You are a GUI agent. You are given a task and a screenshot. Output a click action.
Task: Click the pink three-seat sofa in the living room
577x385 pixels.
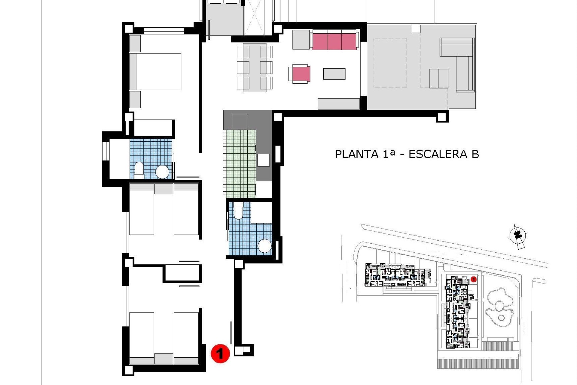pyautogui.click(x=334, y=40)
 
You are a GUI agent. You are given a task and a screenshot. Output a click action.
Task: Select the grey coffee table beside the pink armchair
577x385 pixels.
pyautogui.click(x=334, y=74)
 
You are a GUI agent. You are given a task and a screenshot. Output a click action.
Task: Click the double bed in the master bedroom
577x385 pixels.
pyautogui.click(x=155, y=72)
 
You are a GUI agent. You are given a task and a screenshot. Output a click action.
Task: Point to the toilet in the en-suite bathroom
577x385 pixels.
pyautogui.click(x=139, y=169)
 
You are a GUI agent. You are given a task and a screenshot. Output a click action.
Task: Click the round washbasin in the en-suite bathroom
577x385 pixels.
pyautogui.click(x=162, y=172)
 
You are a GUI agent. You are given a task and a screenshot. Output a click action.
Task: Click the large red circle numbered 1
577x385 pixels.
pyautogui.click(x=220, y=353)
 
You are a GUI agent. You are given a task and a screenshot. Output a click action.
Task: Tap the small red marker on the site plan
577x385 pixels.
pyautogui.click(x=474, y=279)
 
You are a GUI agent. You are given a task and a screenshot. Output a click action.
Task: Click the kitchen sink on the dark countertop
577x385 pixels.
pyautogui.click(x=264, y=160)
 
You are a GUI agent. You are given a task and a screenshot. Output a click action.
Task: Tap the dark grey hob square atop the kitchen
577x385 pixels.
pyautogui.click(x=240, y=122)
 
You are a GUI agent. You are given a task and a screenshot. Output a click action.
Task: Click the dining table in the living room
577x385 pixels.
pyautogui.click(x=255, y=67)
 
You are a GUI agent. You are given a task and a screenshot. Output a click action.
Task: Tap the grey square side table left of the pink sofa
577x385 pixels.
pyautogui.click(x=301, y=39)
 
